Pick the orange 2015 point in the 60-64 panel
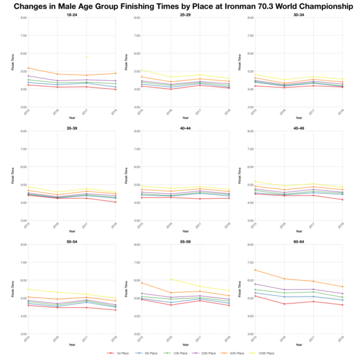[255, 270]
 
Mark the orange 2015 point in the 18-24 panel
[28, 68]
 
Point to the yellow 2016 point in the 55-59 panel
[171, 279]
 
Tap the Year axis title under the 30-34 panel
[299, 116]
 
